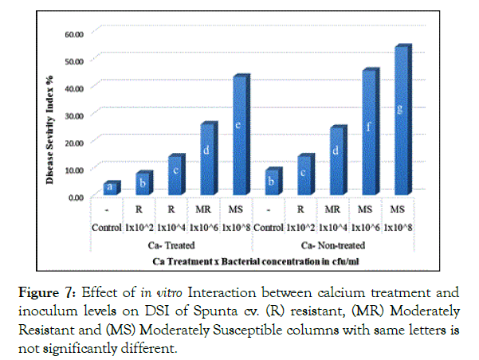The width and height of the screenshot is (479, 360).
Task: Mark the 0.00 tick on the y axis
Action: tap(76, 197)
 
